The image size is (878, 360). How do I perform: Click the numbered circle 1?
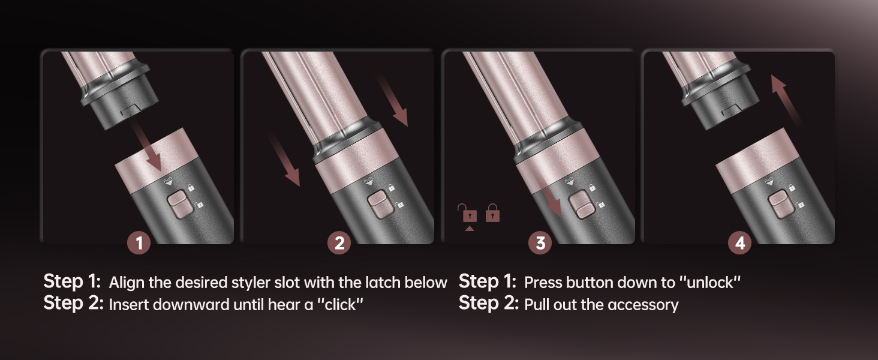pyautogui.click(x=140, y=243)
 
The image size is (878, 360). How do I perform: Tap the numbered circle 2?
pyautogui.click(x=339, y=243)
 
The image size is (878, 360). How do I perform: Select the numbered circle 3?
pyautogui.click(x=540, y=243)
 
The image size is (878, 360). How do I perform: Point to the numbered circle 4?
pyautogui.click(x=740, y=243)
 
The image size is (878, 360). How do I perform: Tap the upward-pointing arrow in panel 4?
pyautogui.click(x=786, y=99)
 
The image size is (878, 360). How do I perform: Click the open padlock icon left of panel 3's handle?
pyautogui.click(x=467, y=212)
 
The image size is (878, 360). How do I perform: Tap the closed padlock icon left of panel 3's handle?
pyautogui.click(x=492, y=212)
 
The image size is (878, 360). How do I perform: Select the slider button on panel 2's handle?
pyautogui.click(x=377, y=203)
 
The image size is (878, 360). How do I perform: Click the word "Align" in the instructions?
pyautogui.click(x=125, y=283)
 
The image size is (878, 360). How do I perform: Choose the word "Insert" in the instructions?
pyautogui.click(x=128, y=305)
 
